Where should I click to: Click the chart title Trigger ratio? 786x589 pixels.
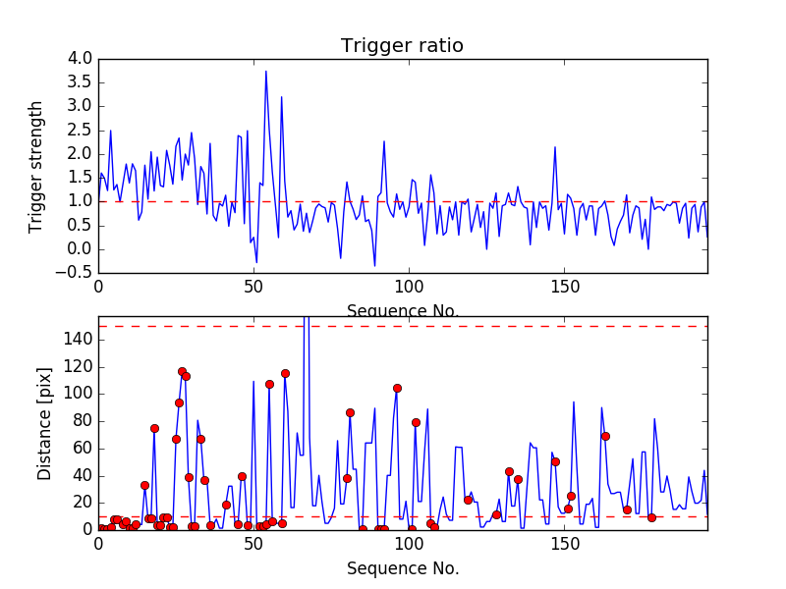tap(402, 46)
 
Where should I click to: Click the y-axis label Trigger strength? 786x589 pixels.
tap(37, 166)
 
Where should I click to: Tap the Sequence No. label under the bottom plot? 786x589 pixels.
tap(402, 568)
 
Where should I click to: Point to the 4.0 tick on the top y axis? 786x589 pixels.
tap(80, 59)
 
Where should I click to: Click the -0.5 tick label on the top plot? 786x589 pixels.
tap(76, 273)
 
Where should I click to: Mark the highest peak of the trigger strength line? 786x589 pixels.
tap(265, 71)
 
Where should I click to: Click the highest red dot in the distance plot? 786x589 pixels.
tap(182, 372)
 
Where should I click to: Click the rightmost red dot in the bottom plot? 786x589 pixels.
tap(651, 517)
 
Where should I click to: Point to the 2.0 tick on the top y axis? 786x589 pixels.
tap(80, 154)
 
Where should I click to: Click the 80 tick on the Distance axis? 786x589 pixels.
tap(81, 421)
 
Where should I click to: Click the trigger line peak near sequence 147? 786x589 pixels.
tap(555, 148)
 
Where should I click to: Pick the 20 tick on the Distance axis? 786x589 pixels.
tap(81, 503)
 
